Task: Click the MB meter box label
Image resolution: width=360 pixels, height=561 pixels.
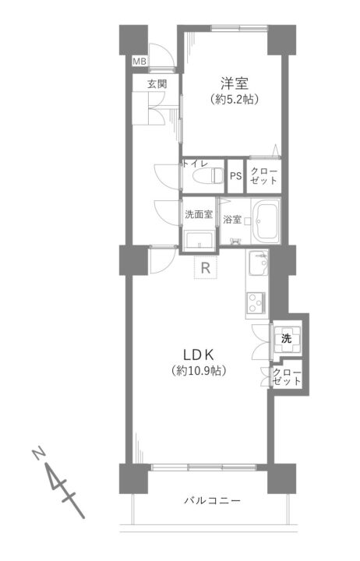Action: [x=139, y=62]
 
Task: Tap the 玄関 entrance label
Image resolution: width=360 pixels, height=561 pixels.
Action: [x=157, y=84]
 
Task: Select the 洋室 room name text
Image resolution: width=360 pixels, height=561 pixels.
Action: [x=235, y=83]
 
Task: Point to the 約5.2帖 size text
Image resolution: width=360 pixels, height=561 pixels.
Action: [x=235, y=99]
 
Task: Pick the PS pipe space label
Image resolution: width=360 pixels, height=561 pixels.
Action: [x=235, y=176]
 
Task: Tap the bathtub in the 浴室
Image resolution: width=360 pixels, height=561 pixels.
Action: [x=265, y=220]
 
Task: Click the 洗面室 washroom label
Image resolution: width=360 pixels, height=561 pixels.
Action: [x=199, y=214]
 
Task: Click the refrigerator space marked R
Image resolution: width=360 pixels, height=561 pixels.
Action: [x=206, y=267]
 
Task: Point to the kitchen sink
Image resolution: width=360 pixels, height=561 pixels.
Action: [x=259, y=263]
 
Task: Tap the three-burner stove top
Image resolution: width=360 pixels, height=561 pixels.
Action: [x=256, y=303]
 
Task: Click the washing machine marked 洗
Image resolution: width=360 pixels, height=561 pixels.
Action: [x=286, y=338]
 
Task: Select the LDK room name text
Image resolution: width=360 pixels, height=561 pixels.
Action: [x=199, y=355]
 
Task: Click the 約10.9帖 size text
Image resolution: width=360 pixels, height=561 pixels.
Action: [x=199, y=371]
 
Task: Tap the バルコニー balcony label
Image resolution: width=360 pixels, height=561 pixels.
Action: [x=213, y=500]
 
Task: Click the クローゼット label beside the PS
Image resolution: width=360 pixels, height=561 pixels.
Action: [x=263, y=175]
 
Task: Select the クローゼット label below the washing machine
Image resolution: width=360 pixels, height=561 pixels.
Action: [x=287, y=377]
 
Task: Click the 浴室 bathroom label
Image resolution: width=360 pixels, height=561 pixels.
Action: [x=232, y=219]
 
